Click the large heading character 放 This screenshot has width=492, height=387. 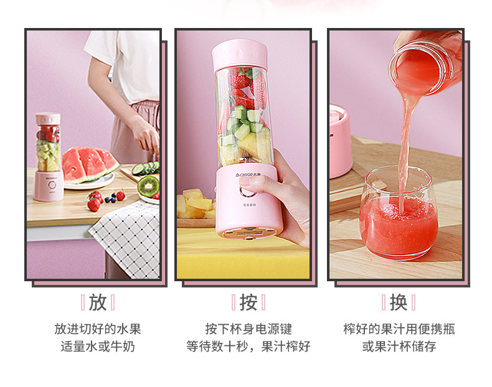pyautogui.click(x=98, y=303)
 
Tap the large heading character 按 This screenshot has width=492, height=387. pyautogui.click(x=248, y=303)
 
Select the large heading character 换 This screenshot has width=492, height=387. pyautogui.click(x=399, y=303)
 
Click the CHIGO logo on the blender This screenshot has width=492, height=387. pyautogui.click(x=246, y=174)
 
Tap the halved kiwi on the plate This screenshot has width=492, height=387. pyautogui.click(x=148, y=187)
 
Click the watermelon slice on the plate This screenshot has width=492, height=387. pyautogui.click(x=90, y=164)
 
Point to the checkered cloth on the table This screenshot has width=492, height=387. pyautogui.click(x=126, y=240)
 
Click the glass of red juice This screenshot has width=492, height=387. pyautogui.click(x=399, y=213)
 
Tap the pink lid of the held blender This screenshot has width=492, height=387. pyautogui.click(x=240, y=55)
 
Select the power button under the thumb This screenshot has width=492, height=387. pyautogui.click(x=247, y=191)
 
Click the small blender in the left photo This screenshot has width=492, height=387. pyautogui.click(x=49, y=157)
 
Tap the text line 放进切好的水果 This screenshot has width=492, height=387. pyautogui.click(x=98, y=329)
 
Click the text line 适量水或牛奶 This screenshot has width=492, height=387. pyautogui.click(x=98, y=347)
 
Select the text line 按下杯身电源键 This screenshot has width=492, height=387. pyautogui.click(x=248, y=329)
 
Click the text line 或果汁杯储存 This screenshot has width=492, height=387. pyautogui.click(x=399, y=347)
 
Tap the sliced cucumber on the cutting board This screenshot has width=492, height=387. pyautogui.click(x=146, y=167)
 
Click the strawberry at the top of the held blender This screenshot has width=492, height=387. pyautogui.click(x=239, y=78)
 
